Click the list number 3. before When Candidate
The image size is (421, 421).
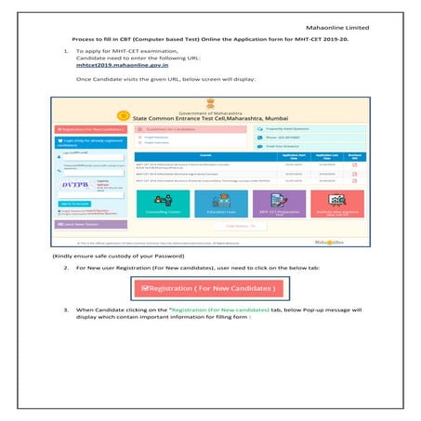(x=65, y=308)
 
